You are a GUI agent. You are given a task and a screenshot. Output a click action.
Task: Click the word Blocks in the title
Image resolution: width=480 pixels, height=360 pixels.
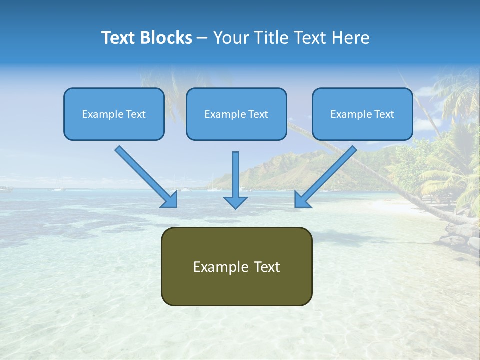(167, 38)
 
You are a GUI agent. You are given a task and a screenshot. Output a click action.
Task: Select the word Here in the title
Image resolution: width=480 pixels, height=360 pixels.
(352, 38)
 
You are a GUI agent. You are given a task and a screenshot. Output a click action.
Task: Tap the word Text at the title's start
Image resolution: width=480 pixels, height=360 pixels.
(120, 38)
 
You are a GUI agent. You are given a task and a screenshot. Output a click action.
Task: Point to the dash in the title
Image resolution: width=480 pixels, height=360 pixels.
(202, 38)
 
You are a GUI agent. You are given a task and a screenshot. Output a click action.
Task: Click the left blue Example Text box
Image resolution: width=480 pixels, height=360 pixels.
(114, 114)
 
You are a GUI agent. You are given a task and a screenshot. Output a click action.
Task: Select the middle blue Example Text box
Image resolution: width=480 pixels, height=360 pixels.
(236, 114)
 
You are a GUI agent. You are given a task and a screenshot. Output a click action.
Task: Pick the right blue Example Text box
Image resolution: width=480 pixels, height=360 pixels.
(362, 114)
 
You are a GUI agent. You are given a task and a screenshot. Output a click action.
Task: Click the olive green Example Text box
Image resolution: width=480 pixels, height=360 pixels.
(237, 266)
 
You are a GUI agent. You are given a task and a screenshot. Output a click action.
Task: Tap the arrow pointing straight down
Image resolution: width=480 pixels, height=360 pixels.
(235, 177)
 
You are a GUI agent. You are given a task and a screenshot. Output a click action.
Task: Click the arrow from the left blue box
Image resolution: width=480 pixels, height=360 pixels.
(145, 175)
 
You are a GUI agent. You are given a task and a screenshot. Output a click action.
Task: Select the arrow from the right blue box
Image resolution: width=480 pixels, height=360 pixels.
(327, 175)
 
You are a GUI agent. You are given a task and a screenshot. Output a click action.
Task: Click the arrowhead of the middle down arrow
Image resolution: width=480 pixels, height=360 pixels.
(235, 202)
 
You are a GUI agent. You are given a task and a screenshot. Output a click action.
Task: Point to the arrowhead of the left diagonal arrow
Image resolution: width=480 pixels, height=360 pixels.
(170, 200)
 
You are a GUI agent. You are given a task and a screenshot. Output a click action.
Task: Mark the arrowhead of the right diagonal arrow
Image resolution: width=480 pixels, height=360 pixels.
(302, 200)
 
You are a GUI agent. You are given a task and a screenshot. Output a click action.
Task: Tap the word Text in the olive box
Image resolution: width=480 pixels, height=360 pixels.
(267, 267)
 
